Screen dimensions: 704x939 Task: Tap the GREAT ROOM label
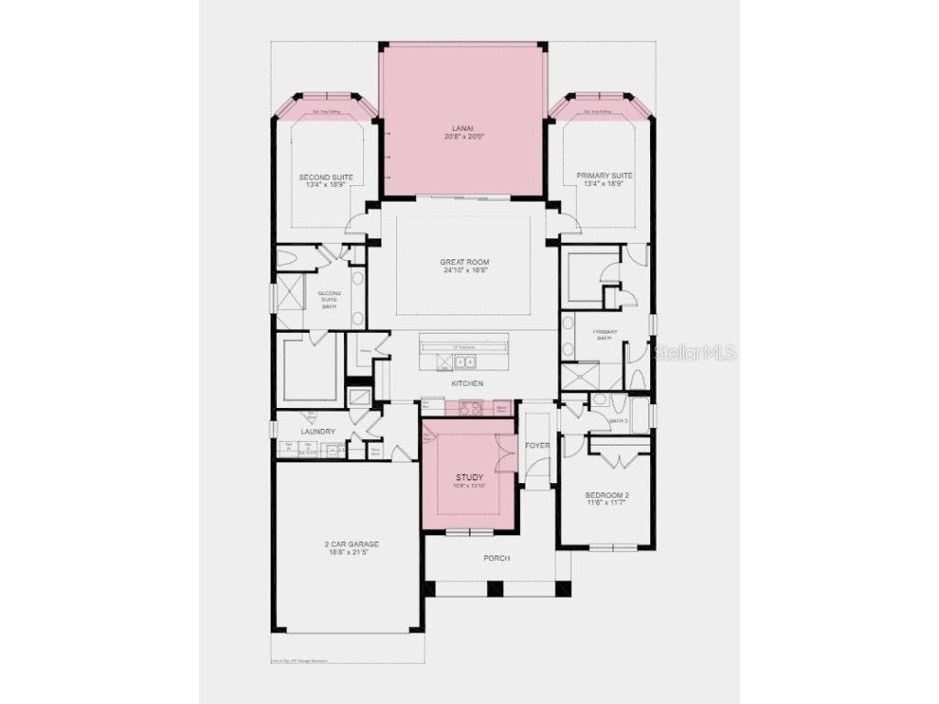(464, 262)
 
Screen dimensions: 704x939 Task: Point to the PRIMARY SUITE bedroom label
(604, 175)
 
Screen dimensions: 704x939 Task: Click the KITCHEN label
(467, 383)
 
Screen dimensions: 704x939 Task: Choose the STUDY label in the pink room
(469, 478)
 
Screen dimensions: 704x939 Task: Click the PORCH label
(496, 557)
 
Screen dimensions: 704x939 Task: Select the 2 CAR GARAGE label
(351, 544)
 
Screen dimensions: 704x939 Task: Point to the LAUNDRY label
(317, 432)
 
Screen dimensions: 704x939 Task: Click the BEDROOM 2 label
(607, 495)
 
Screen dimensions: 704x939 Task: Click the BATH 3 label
(619, 421)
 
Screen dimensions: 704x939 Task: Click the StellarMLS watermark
(695, 352)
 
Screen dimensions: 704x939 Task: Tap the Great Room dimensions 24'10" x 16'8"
(464, 270)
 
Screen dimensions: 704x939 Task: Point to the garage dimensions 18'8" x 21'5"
(351, 552)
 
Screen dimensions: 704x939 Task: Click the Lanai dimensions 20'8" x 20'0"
(462, 137)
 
